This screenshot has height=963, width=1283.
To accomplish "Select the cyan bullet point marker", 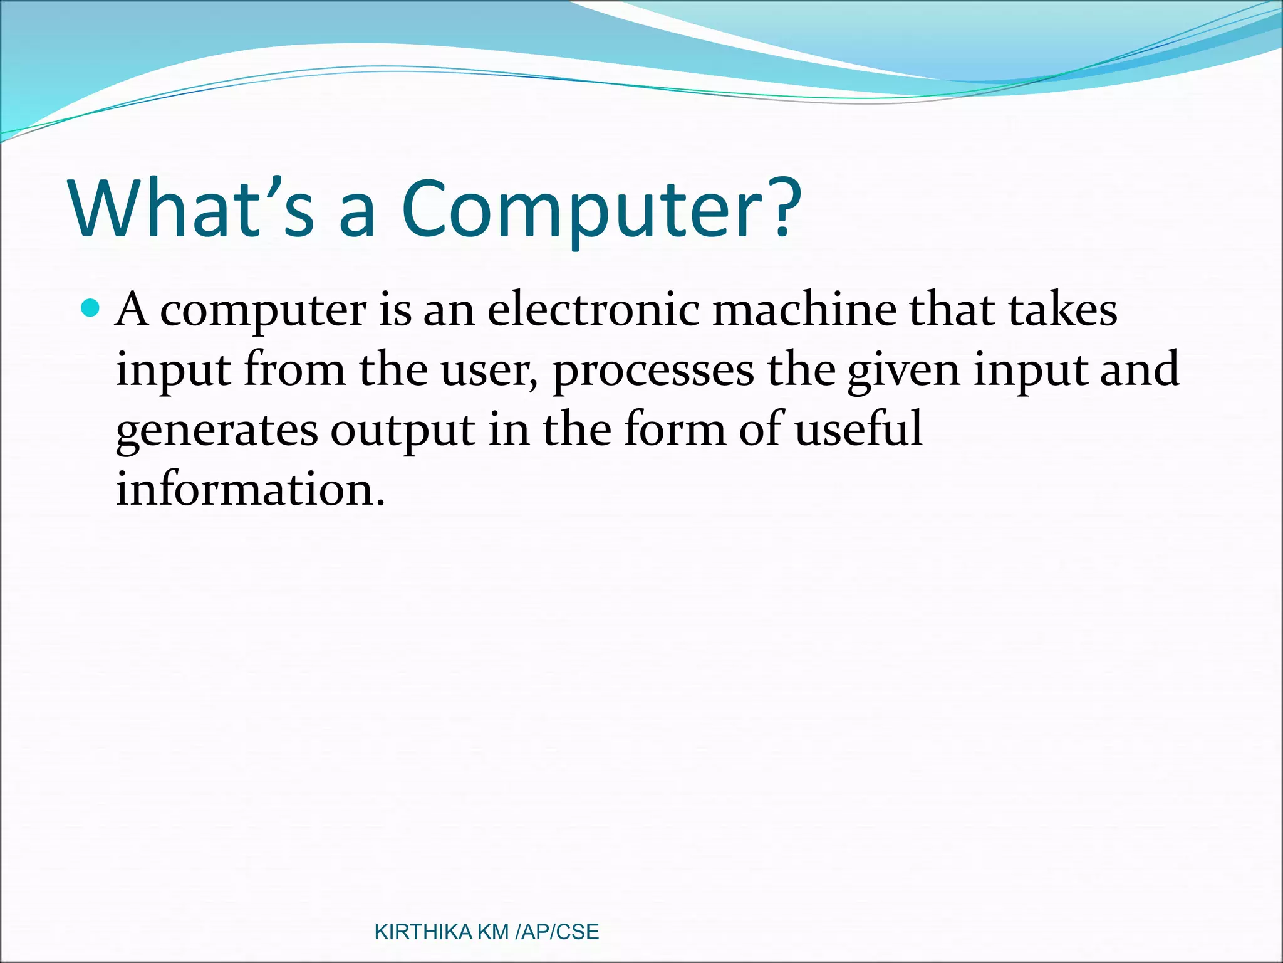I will click(x=91, y=309).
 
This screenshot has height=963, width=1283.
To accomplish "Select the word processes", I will click(x=653, y=371).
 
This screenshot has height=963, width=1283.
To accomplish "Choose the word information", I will click(x=250, y=489).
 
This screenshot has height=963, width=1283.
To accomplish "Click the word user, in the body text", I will click(x=489, y=370).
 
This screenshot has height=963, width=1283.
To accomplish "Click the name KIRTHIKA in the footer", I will click(x=423, y=932).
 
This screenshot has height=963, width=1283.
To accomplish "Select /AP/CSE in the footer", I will click(x=557, y=932).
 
